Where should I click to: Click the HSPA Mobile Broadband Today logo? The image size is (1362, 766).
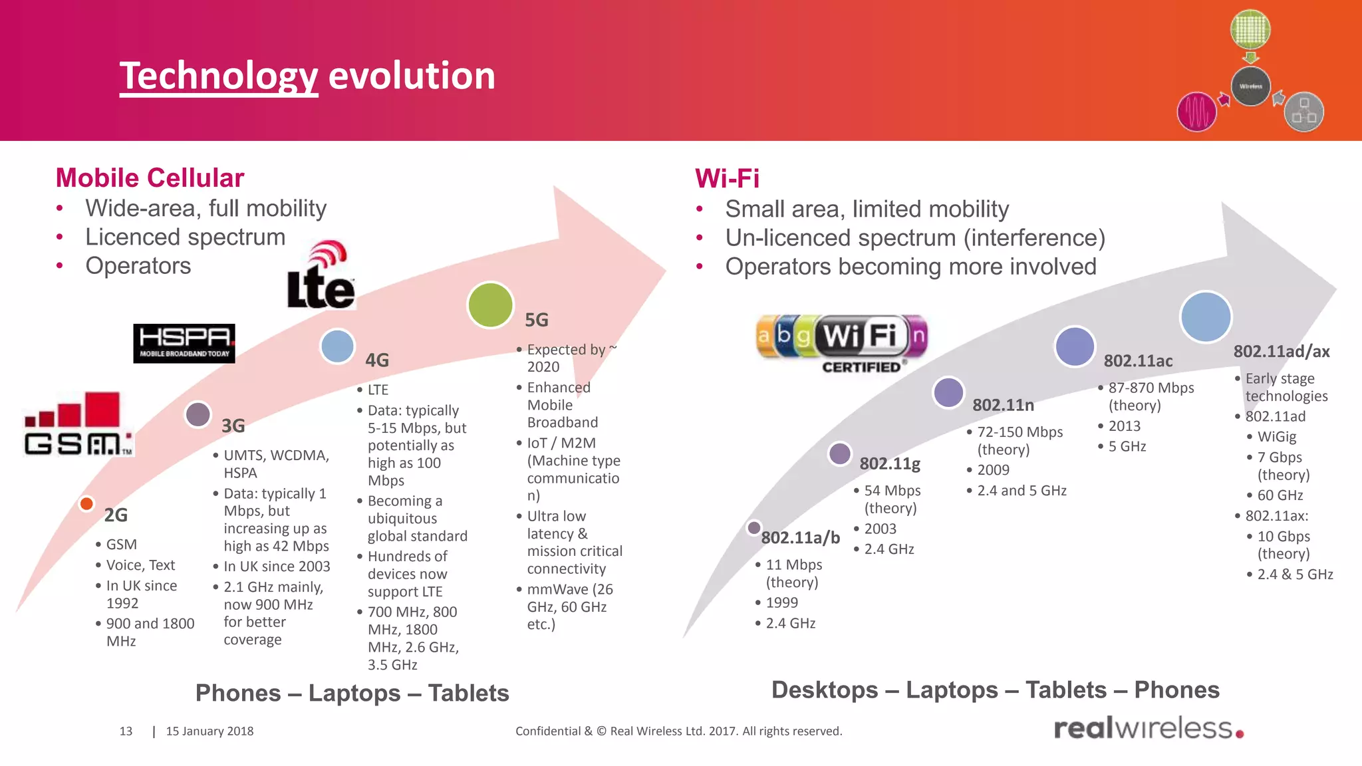184,343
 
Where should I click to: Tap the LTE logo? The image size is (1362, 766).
321,277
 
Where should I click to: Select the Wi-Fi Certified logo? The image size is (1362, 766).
842,342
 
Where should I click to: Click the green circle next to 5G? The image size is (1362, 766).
490,305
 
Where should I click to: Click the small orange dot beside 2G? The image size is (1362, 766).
86,503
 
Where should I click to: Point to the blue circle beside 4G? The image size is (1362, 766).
337,346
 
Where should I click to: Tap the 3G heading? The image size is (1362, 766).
233,426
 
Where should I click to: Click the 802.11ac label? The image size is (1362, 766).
1138,361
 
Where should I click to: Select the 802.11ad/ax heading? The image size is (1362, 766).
1281,352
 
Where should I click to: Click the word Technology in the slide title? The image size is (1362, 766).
219,76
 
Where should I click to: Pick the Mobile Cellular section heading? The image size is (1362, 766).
150,178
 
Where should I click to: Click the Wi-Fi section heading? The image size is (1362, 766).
727,178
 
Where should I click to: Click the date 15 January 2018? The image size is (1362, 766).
209,731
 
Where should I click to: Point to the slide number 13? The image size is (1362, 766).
126,731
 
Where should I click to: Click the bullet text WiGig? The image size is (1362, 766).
1276,437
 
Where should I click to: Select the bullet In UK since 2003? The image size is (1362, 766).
277,567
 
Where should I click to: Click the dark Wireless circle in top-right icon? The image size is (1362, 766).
1250,86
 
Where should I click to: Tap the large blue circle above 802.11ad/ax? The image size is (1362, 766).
1205,317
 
